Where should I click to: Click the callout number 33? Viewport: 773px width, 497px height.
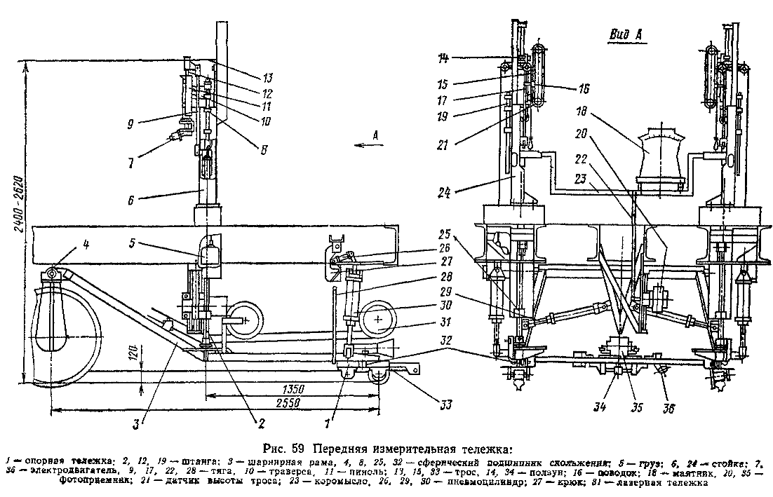coord(443,404)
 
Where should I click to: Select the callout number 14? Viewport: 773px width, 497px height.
coord(443,57)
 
